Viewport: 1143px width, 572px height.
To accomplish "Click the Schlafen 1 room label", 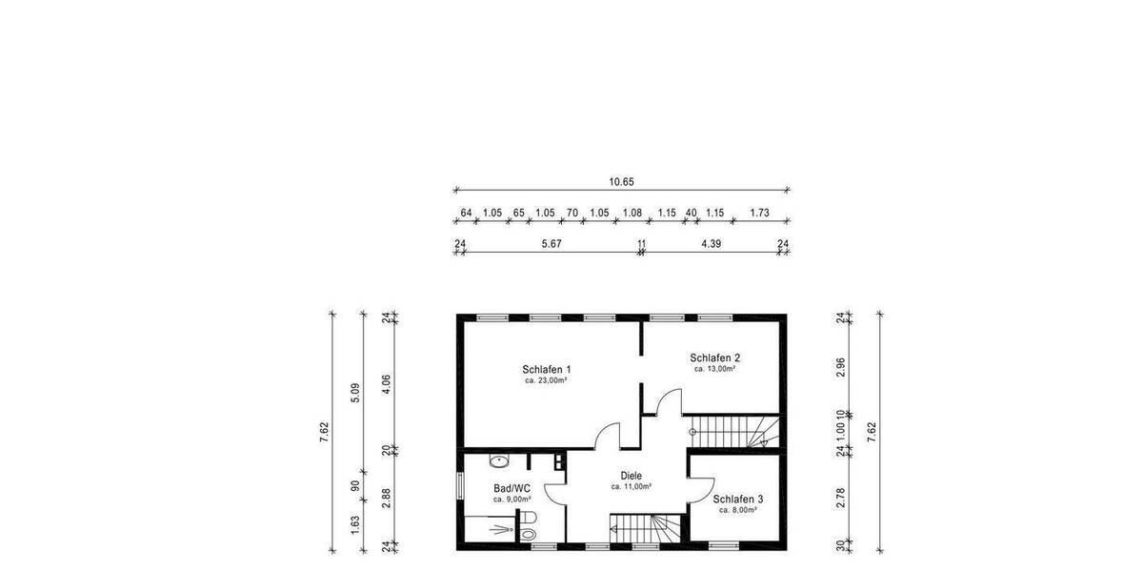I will coord(546,369).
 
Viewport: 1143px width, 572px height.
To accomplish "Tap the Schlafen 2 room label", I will coord(714,357).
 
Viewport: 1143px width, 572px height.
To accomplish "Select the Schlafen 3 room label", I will coord(738,499).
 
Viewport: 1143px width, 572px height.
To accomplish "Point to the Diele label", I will coord(631,476).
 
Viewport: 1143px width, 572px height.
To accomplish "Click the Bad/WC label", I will coord(511,487).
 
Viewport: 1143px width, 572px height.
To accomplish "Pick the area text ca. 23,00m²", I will coord(546,380).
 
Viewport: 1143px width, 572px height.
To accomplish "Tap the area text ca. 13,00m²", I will coord(714,369).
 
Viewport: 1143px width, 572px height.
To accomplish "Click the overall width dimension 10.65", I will coord(621,181).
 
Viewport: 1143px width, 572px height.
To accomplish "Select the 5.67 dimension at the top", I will coord(551,244).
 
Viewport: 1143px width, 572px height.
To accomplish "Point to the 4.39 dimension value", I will coord(711,244).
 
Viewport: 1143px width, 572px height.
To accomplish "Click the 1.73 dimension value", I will coord(759,214).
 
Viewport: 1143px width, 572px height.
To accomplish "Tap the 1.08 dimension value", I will coord(632,214).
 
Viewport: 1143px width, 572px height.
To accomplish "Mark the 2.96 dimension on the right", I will coord(840,368).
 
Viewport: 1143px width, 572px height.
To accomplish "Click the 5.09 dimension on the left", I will coord(355,391).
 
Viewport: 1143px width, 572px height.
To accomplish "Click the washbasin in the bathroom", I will coord(498,461).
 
